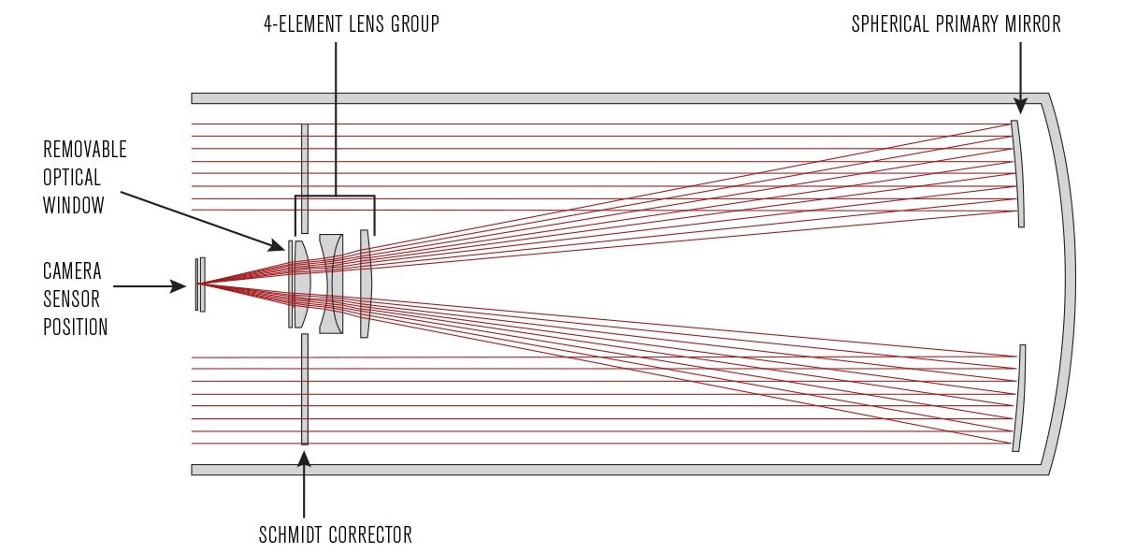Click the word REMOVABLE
click(x=85, y=150)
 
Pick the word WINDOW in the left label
click(x=74, y=206)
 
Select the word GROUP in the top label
click(x=414, y=25)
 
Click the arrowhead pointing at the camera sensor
click(x=180, y=287)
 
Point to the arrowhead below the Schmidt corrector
click(x=305, y=459)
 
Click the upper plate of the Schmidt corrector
click(x=305, y=178)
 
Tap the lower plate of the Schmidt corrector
click(x=305, y=388)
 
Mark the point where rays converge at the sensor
click(x=201, y=284)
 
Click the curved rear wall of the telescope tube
click(x=1066, y=281)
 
